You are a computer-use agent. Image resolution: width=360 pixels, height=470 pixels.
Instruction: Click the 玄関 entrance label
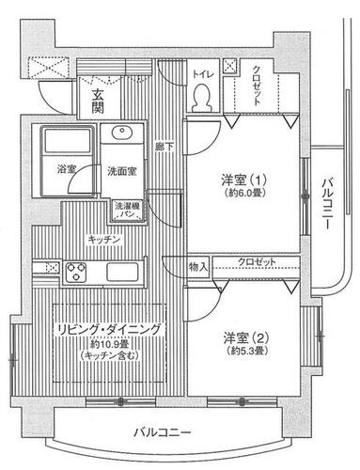click(x=98, y=101)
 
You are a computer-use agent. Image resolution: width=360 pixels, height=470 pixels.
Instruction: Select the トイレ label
click(x=203, y=74)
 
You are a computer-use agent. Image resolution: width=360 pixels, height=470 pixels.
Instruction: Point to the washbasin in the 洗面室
click(x=121, y=133)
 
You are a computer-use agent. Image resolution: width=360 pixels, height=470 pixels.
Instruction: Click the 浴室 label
click(x=67, y=169)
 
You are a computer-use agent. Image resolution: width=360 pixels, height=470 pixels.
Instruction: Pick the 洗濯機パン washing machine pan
click(x=129, y=211)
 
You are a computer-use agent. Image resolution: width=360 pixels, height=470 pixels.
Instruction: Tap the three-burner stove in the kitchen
click(x=76, y=272)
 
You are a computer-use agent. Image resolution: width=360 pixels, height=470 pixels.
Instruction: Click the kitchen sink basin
click(x=122, y=272)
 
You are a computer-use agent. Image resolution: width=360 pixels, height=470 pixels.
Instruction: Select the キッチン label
click(x=104, y=240)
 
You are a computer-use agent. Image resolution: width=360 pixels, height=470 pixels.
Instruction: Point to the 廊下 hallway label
click(x=164, y=147)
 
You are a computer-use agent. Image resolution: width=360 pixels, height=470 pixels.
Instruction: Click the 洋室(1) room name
click(x=244, y=180)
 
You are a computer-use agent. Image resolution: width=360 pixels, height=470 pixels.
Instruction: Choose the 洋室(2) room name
click(x=246, y=337)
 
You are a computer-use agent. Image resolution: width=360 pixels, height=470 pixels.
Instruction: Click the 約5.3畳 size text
click(x=247, y=351)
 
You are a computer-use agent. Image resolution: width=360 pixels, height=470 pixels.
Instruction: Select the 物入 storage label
click(x=198, y=267)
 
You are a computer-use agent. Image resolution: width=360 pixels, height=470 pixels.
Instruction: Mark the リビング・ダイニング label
click(x=109, y=330)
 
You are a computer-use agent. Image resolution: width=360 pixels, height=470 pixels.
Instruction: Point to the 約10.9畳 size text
click(x=109, y=344)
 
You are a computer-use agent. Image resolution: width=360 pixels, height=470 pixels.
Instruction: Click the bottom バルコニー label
click(x=163, y=433)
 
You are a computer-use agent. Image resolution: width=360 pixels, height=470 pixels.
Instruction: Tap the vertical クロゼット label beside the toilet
click(x=257, y=86)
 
